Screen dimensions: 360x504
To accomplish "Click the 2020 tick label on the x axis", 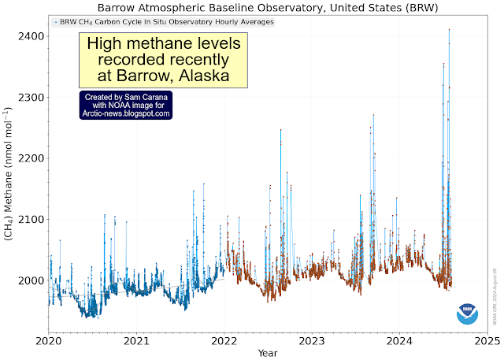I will [50, 341].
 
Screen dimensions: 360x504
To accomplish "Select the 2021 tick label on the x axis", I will [137, 341].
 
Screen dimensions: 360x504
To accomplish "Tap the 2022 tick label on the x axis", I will [225, 341].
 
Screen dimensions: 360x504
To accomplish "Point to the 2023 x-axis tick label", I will [313, 341].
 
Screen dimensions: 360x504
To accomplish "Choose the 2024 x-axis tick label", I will [400, 341].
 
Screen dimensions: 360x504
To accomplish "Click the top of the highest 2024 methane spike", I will [449, 30].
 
